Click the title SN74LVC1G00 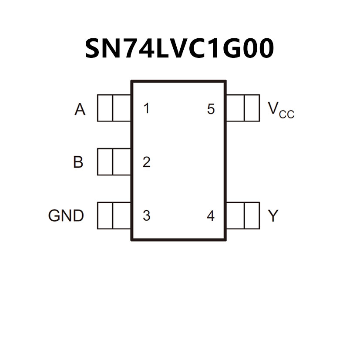[x=179, y=48]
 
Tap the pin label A [x=80, y=110]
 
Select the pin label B [x=78, y=162]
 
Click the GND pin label [x=66, y=215]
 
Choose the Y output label [x=273, y=215]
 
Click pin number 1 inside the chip [x=146, y=108]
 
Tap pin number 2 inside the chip [x=146, y=162]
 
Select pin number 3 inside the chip [x=146, y=215]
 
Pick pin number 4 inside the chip [x=211, y=215]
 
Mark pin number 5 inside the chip [x=211, y=109]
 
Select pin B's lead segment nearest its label [x=105, y=162]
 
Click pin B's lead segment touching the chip [x=122, y=162]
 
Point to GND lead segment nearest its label [x=105, y=215]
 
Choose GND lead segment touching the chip [x=122, y=215]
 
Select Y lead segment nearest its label [x=252, y=215]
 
